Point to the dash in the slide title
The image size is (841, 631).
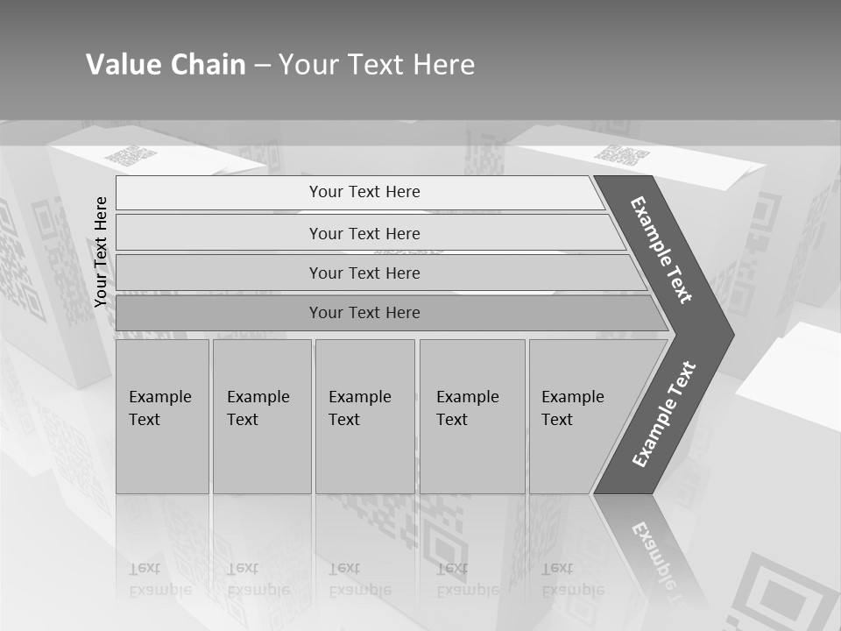pyautogui.click(x=262, y=66)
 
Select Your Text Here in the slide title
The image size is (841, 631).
pyautogui.click(x=377, y=65)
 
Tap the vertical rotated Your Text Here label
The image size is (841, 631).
pyautogui.click(x=101, y=252)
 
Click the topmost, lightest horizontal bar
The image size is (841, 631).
pyautogui.click(x=364, y=192)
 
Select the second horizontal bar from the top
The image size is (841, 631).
pyautogui.click(x=364, y=233)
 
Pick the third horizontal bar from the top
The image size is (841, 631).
pyautogui.click(x=364, y=273)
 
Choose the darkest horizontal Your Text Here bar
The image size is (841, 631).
pyautogui.click(x=364, y=313)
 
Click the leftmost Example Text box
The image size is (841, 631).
pyautogui.click(x=162, y=415)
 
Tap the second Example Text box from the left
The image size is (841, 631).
pyautogui.click(x=261, y=415)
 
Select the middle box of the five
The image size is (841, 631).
pyautogui.click(x=364, y=415)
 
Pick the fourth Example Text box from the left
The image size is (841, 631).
pyautogui.click(x=471, y=415)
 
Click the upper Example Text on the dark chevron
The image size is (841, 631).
pyautogui.click(x=661, y=250)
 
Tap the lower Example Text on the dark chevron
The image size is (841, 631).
pyautogui.click(x=664, y=414)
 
